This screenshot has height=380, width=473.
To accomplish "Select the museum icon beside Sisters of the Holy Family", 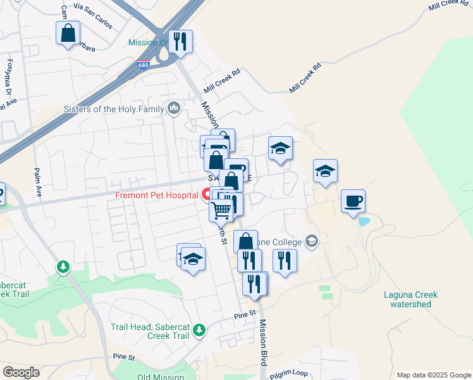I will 174,109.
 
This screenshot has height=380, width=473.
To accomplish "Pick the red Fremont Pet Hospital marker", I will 207,194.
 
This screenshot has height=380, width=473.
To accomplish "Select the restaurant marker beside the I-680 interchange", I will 181,42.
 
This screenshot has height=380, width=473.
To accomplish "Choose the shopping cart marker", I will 221,208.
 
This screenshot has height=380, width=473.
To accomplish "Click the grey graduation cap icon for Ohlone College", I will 311,241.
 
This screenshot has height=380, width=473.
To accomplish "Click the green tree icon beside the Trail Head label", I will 200,330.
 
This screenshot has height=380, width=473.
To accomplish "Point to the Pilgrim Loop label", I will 288,374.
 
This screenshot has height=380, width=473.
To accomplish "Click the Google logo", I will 21,372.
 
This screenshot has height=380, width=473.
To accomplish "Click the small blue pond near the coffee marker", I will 364,222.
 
